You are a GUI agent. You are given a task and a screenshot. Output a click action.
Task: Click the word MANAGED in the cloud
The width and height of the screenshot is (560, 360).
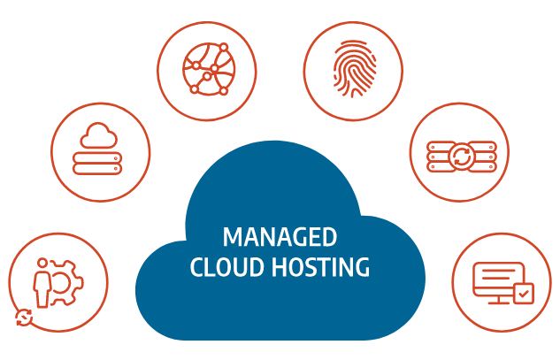pos(280,237)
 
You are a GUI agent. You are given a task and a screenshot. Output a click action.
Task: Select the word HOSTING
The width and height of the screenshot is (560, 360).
pos(321,267)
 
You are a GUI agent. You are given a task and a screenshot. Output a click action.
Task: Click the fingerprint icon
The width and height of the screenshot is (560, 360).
pos(354,69)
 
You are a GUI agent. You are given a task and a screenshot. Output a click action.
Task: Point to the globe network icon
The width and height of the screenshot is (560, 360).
pos(209,69)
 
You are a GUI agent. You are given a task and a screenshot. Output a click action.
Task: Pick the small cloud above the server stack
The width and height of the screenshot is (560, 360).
pos(98,135)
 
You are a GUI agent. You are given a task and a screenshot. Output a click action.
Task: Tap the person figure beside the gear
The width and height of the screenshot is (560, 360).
pos(42,282)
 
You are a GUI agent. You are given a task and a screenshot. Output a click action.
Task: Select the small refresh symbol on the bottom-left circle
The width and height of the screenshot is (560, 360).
pos(24,318)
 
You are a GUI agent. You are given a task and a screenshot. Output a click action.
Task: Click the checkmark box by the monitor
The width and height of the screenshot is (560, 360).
pos(524,294)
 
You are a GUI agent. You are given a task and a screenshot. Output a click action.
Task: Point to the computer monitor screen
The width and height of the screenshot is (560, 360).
pos(498,280)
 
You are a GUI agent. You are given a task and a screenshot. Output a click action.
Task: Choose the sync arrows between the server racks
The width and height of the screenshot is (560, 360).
pos(462,157)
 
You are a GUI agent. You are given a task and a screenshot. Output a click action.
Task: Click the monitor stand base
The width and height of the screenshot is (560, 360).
pos(499,303)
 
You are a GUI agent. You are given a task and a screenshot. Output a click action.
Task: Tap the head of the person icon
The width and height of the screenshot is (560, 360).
pos(42,263)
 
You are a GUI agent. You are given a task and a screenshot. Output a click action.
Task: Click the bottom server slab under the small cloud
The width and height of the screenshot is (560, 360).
pos(97,169)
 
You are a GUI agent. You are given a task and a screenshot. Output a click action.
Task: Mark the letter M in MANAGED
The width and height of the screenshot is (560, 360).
pos(233,237)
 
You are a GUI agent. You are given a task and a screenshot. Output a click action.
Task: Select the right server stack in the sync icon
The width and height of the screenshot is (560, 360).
pos(484,157)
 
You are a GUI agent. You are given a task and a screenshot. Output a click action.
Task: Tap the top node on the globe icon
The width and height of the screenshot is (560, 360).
pos(224,48)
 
